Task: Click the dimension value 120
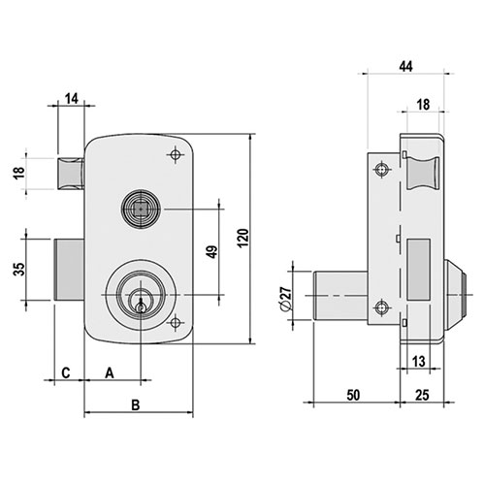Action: coord(243,238)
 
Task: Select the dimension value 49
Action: coord(212,252)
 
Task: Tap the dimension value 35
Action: coord(19,269)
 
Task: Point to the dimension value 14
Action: coord(72,99)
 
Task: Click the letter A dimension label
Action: coord(110,373)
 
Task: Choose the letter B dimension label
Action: coord(136,404)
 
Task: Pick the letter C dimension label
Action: coord(66,372)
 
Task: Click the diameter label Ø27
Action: coord(285,298)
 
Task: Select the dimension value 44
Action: coord(405,67)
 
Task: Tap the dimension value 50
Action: coord(353,395)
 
